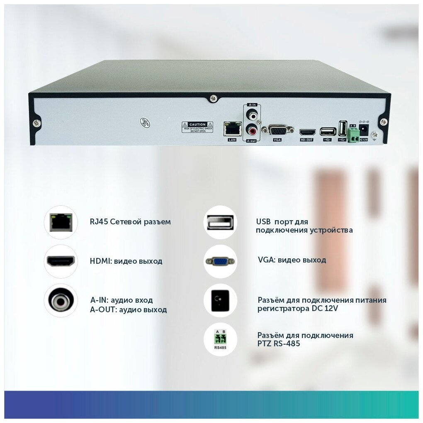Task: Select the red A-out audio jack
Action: click(x=251, y=130)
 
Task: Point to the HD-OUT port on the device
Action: click(x=307, y=132)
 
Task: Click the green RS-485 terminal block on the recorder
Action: click(x=353, y=134)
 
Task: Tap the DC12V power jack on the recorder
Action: click(x=364, y=129)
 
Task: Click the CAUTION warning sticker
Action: click(x=197, y=127)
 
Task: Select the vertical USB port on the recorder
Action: click(x=343, y=128)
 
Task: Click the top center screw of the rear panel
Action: click(x=213, y=98)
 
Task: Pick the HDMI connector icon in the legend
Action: click(x=61, y=261)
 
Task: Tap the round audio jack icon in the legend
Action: click(x=61, y=300)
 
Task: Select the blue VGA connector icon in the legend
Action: click(x=220, y=261)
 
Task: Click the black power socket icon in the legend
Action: click(x=220, y=300)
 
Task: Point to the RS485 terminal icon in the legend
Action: click(x=220, y=339)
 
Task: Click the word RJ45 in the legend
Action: click(x=99, y=222)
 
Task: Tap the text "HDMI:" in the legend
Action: click(x=100, y=261)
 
